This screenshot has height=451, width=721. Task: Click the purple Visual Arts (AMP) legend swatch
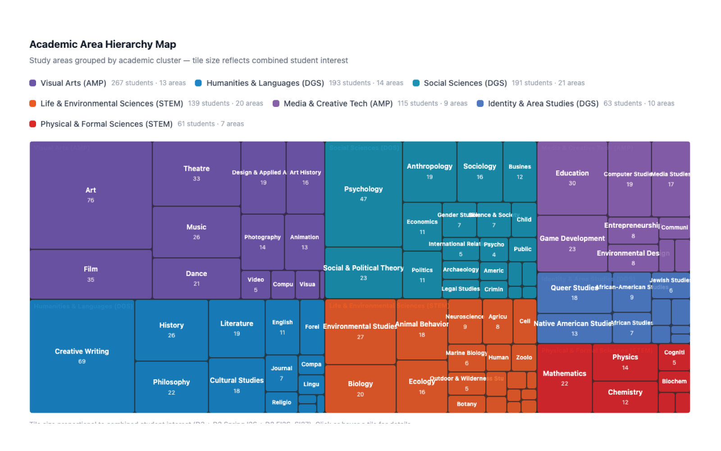pos(32,83)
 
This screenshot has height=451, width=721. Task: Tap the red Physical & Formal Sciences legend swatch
pos(32,124)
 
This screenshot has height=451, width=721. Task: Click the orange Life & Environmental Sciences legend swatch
pos(32,103)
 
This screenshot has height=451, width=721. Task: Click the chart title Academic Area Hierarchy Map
pos(103,44)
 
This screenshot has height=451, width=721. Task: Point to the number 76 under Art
pos(91,200)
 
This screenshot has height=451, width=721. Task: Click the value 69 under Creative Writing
pos(82,361)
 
